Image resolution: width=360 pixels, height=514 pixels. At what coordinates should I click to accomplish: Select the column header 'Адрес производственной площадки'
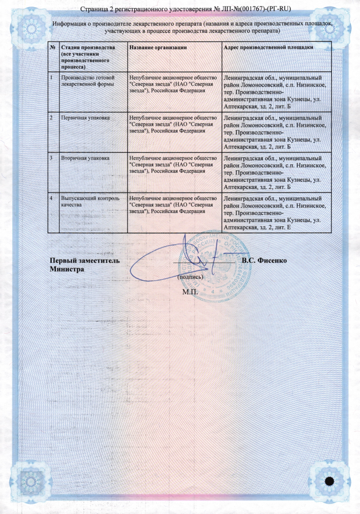[269, 48]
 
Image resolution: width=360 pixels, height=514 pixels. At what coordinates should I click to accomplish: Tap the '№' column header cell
[53, 48]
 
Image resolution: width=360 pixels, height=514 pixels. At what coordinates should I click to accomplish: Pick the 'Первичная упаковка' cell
[86, 118]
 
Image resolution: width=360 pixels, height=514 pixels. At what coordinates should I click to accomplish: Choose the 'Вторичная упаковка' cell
[86, 158]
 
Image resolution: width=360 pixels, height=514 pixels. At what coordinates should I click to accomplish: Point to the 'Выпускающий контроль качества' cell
[87, 201]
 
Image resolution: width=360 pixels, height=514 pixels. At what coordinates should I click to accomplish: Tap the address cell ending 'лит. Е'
[276, 213]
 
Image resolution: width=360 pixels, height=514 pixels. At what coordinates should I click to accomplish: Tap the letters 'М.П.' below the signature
[189, 292]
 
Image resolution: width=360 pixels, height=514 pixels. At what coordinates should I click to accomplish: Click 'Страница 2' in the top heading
[99, 9]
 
